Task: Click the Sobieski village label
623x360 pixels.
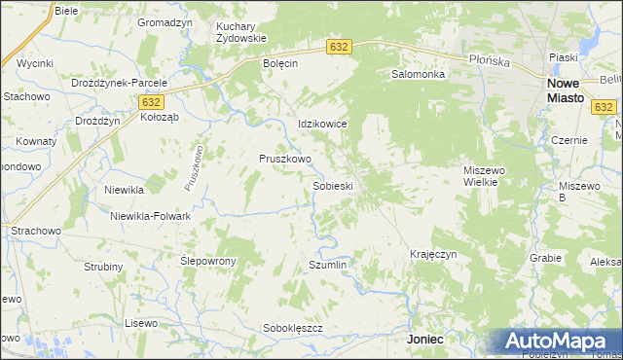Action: (x=332, y=185)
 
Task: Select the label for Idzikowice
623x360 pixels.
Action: (x=322, y=125)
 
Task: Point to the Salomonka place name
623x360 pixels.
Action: (x=418, y=74)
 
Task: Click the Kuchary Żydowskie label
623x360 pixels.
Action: (x=240, y=32)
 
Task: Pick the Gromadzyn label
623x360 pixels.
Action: (x=163, y=21)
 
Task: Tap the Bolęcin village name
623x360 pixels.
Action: (x=279, y=63)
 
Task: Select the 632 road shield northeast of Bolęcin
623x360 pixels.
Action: (x=339, y=46)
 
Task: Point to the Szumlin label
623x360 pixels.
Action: (x=327, y=265)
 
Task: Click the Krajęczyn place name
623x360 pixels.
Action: (x=433, y=254)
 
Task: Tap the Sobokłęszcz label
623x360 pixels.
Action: (x=293, y=328)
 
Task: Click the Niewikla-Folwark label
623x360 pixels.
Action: (x=150, y=216)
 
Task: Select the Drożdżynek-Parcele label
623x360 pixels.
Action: (x=126, y=84)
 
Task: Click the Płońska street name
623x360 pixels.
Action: (x=490, y=60)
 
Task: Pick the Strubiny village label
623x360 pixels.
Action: (x=103, y=267)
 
